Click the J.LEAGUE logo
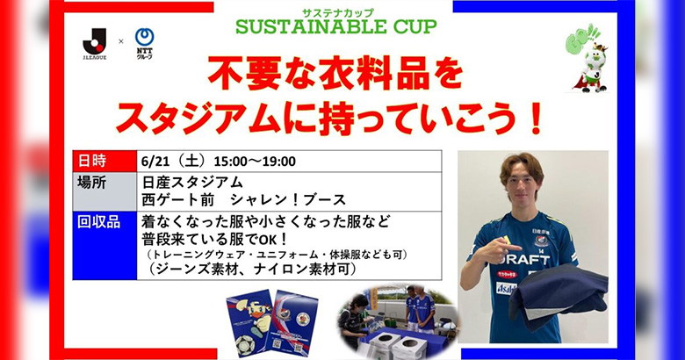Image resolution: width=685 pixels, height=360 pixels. [x=94, y=43]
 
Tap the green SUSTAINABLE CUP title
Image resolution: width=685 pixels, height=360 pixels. [x=336, y=25]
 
